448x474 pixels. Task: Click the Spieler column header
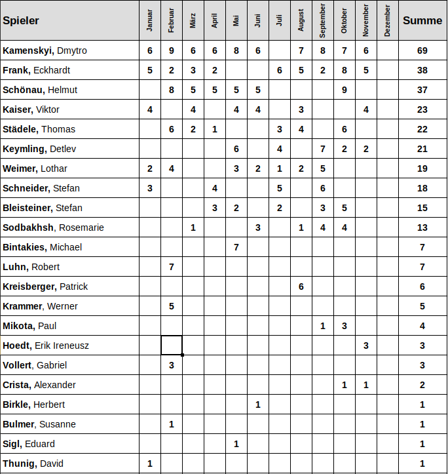[21, 20]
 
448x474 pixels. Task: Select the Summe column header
[422, 20]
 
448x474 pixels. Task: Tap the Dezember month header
[388, 20]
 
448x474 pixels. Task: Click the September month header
[323, 20]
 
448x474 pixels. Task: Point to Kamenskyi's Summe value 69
[422, 50]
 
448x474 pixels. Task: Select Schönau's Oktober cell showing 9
[345, 90]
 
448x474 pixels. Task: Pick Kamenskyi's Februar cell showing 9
[172, 50]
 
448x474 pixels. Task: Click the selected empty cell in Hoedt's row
[172, 345]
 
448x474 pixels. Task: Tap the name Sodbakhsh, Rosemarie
[53, 227]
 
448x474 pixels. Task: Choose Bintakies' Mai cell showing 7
[236, 247]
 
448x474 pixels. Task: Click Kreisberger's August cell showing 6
[301, 286]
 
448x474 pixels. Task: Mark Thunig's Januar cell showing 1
[150, 464]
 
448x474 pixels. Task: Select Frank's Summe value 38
[422, 70]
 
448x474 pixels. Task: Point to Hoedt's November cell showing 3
[366, 346]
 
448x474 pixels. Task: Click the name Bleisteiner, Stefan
[43, 208]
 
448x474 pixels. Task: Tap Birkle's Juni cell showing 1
[258, 405]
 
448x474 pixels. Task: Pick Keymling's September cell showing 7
[323, 149]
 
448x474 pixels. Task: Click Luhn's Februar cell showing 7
[172, 267]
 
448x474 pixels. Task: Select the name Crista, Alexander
[39, 385]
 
